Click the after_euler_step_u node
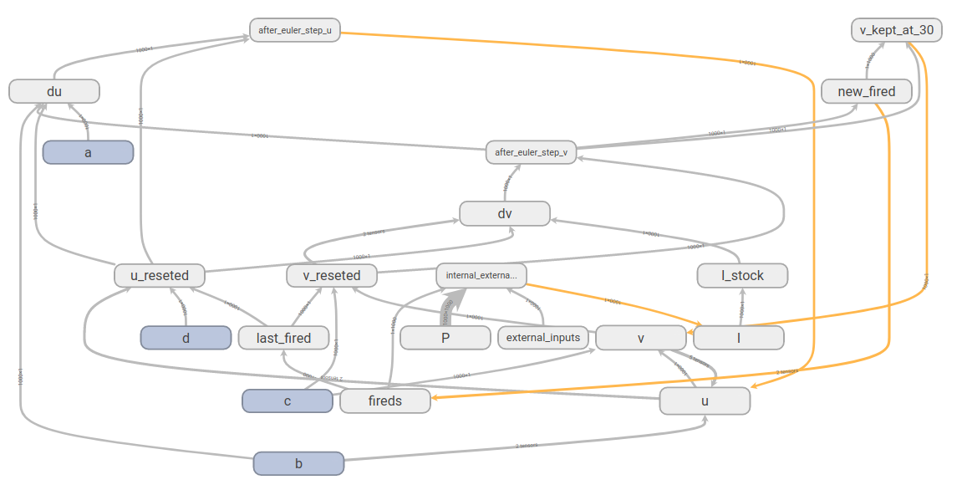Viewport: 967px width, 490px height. click(x=295, y=30)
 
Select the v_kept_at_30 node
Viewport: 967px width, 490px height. click(x=897, y=30)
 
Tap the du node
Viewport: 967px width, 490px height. click(x=54, y=91)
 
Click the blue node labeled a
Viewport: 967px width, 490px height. click(x=89, y=152)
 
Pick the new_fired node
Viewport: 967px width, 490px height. click(x=866, y=91)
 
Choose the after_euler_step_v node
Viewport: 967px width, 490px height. click(x=531, y=152)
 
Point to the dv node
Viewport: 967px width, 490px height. click(x=505, y=213)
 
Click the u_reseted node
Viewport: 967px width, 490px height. click(x=160, y=275)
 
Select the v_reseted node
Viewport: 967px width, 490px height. click(x=332, y=275)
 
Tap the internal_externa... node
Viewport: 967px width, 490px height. click(x=481, y=275)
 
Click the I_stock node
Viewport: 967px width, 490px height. click(x=742, y=275)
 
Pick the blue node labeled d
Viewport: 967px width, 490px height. click(x=186, y=337)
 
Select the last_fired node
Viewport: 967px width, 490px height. click(x=283, y=337)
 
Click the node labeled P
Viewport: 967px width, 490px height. click(x=445, y=337)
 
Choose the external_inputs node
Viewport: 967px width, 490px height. click(x=543, y=337)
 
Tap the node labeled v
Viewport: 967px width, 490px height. click(x=640, y=337)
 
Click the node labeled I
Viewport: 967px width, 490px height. click(x=739, y=337)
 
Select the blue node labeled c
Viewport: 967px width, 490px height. click(x=288, y=401)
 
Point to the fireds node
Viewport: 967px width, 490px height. click(x=384, y=401)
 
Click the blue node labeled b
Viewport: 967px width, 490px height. click(x=298, y=463)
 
